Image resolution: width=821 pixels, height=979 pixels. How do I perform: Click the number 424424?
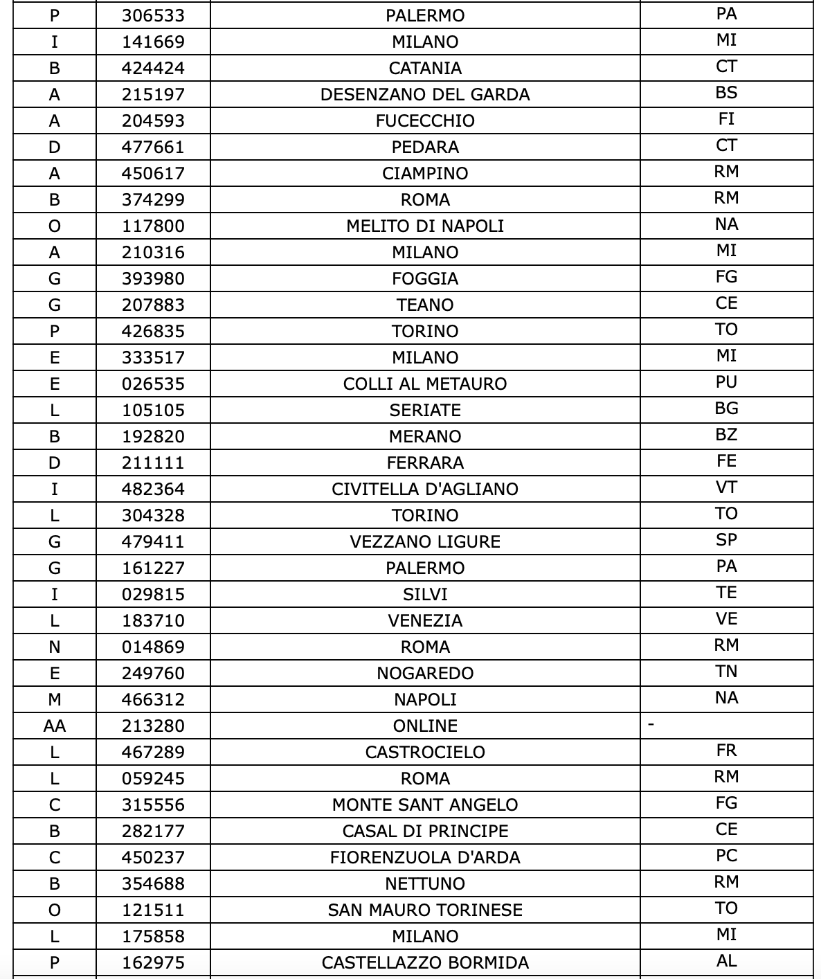(153, 68)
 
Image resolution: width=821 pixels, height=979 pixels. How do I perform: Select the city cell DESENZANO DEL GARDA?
(425, 94)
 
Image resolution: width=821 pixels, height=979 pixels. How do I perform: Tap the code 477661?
(153, 147)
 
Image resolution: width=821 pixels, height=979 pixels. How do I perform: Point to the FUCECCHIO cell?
(425, 120)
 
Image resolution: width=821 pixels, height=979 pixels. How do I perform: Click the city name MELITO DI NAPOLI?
(425, 226)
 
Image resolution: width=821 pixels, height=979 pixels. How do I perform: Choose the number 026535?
(153, 384)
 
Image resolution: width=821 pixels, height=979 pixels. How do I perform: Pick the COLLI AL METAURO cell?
(425, 384)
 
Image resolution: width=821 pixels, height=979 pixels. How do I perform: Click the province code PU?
(726, 382)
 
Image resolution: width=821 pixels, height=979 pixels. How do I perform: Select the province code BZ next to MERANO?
(726, 435)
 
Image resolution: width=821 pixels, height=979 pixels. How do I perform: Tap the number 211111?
(153, 462)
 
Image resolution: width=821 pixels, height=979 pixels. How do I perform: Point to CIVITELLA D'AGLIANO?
(425, 489)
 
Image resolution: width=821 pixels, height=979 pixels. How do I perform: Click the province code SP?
(726, 540)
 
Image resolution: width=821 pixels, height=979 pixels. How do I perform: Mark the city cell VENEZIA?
(425, 620)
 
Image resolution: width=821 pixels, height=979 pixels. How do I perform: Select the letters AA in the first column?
(55, 726)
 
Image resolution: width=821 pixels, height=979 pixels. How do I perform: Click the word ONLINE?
(425, 726)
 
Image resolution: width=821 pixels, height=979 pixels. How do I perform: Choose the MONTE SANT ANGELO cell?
(425, 805)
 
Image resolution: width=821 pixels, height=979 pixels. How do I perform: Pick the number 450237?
(153, 857)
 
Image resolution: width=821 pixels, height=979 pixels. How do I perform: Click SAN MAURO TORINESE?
(425, 910)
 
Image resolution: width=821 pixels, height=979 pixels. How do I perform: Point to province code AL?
(726, 961)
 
